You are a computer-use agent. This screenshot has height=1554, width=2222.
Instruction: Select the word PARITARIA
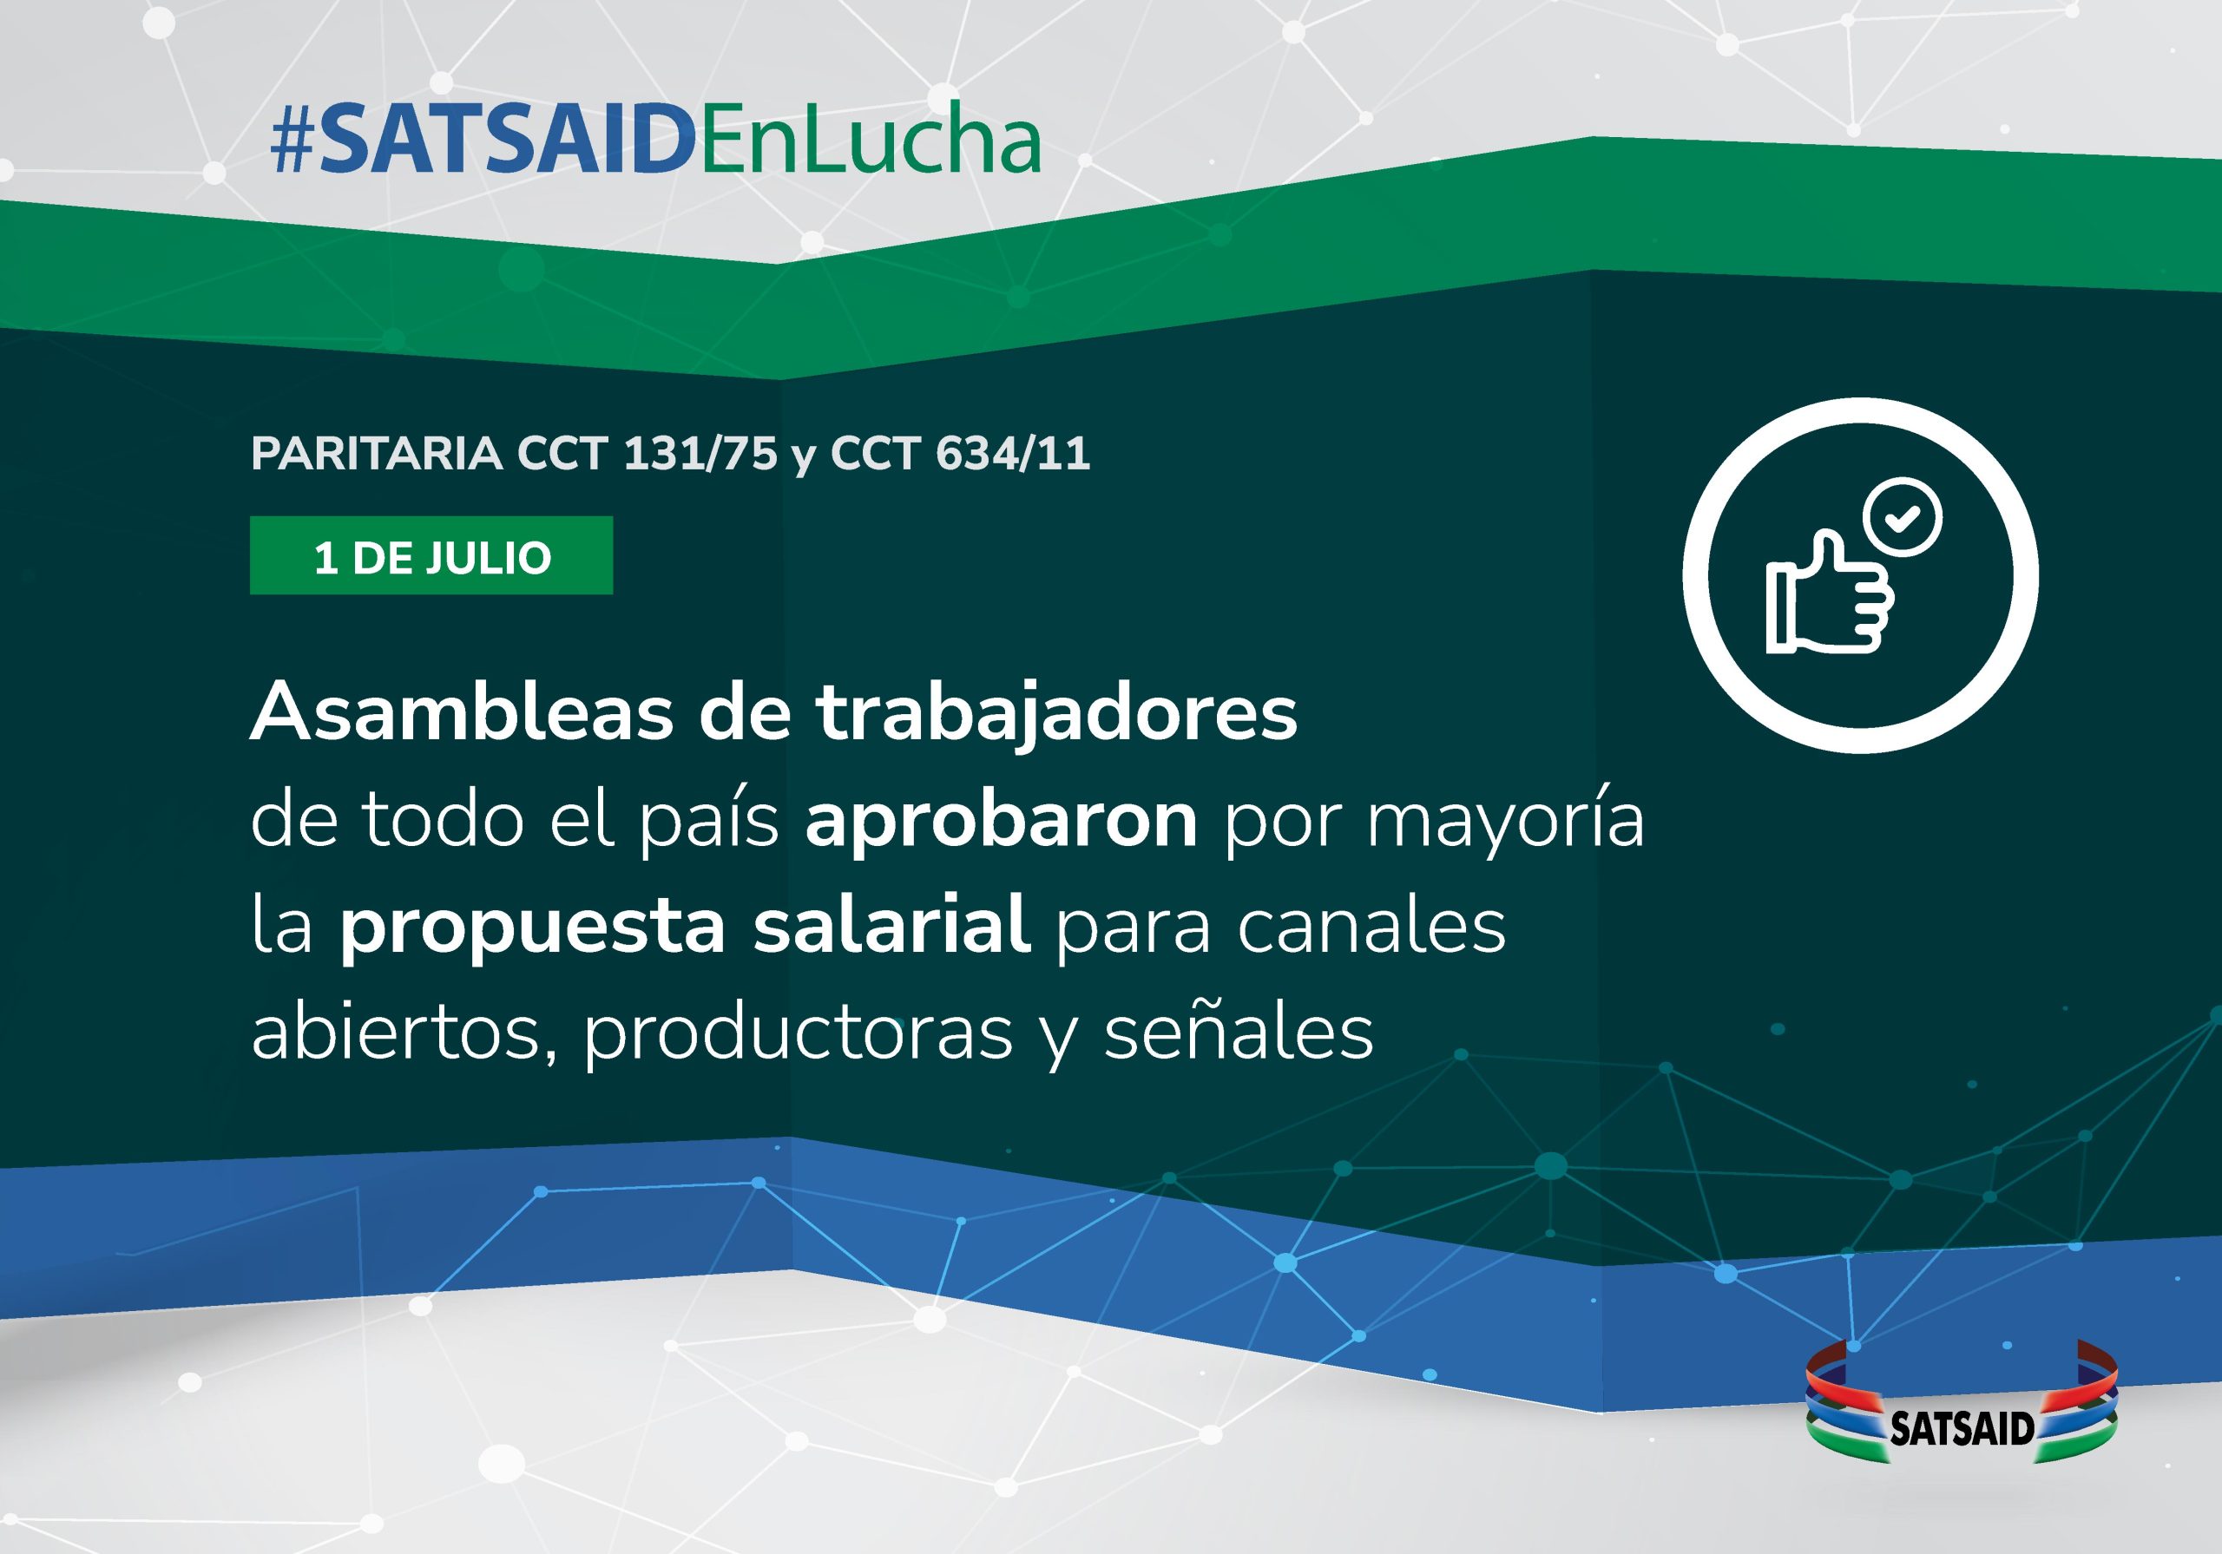click(x=377, y=453)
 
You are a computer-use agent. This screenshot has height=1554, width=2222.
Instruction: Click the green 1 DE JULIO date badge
click(x=431, y=555)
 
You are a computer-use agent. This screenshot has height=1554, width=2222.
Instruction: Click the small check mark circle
click(x=1903, y=517)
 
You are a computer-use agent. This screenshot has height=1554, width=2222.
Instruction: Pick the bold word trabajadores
click(x=1055, y=714)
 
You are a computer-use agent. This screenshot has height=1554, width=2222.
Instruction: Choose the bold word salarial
click(x=891, y=924)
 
